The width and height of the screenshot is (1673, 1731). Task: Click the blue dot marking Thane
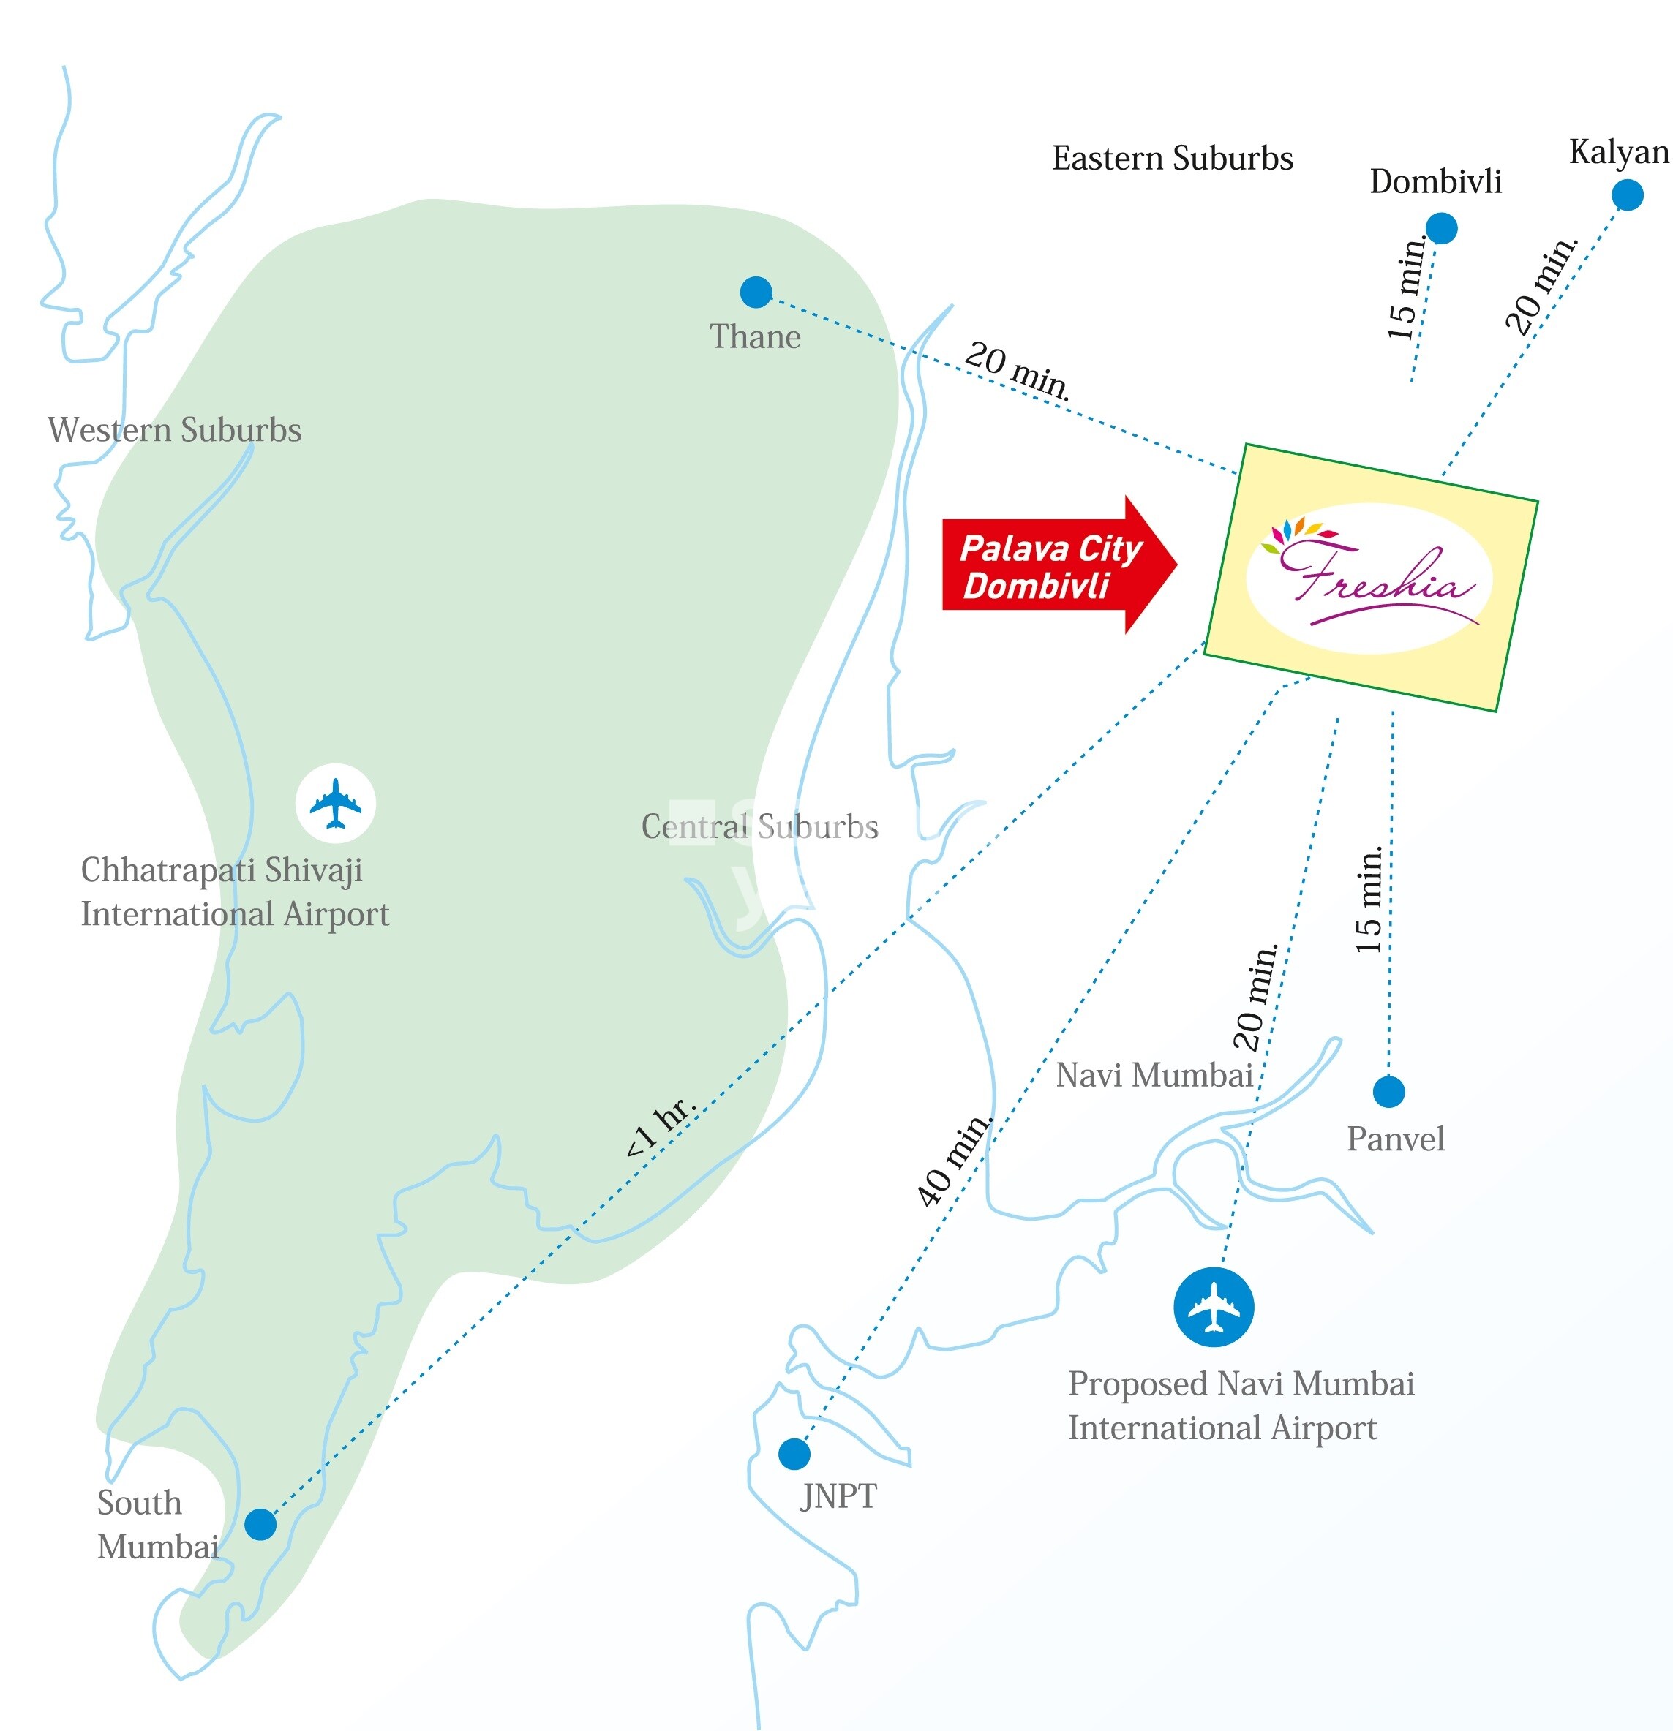click(x=755, y=292)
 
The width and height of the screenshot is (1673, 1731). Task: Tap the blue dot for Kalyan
click(x=1627, y=195)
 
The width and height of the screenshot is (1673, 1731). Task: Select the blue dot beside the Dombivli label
click(x=1440, y=229)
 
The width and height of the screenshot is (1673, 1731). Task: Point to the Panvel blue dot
click(x=1388, y=1092)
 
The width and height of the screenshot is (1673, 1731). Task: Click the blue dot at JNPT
click(x=794, y=1453)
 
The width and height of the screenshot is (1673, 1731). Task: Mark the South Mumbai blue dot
click(x=260, y=1524)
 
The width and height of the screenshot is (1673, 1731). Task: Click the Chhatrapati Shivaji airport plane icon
click(x=335, y=804)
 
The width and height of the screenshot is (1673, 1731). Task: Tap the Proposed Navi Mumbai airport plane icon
click(x=1214, y=1307)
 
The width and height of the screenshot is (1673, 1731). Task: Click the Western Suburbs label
click(x=174, y=430)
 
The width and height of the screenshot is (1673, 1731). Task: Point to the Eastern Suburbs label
click(x=1172, y=159)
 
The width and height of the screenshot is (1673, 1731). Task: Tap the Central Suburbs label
click(x=759, y=826)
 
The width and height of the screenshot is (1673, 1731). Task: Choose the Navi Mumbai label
click(x=1154, y=1075)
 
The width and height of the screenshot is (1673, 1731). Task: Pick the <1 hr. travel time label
click(x=661, y=1127)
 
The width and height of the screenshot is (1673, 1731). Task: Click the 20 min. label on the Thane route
click(x=1018, y=371)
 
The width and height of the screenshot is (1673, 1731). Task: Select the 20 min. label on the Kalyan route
click(x=1541, y=285)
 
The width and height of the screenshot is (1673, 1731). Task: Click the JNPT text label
click(x=838, y=1496)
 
